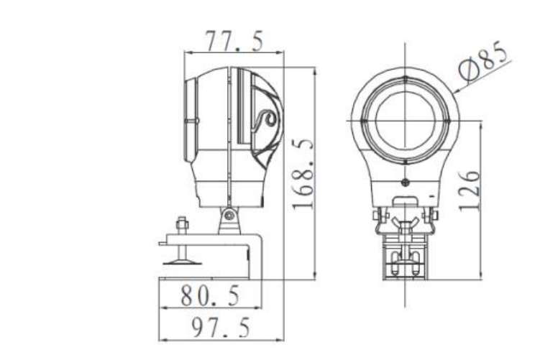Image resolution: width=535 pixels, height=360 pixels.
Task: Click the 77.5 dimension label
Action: click(x=234, y=41)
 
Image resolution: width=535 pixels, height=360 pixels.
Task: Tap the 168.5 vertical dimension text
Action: click(x=303, y=173)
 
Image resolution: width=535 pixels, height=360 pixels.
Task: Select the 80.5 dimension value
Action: click(x=210, y=295)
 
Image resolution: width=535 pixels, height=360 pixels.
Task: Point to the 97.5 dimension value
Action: click(x=221, y=327)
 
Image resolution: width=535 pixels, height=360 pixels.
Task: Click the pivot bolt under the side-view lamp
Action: click(x=229, y=215)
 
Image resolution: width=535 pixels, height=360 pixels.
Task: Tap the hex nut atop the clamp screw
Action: click(x=182, y=224)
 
